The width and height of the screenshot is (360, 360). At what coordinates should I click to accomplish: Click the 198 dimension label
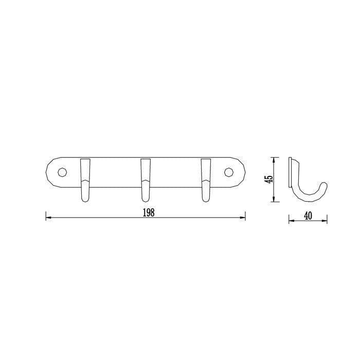pyautogui.click(x=149, y=212)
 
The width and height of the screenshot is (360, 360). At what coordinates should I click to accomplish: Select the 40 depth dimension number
pyautogui.click(x=308, y=216)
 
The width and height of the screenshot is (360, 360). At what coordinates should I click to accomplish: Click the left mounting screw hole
pyautogui.click(x=62, y=172)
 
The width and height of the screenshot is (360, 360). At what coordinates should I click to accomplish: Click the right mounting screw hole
pyautogui.click(x=229, y=172)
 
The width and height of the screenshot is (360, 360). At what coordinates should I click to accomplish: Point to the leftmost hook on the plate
pyautogui.click(x=85, y=180)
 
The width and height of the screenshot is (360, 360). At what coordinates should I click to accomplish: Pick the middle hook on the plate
pyautogui.click(x=146, y=180)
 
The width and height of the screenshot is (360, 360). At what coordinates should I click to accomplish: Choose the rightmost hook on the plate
pyautogui.click(x=206, y=180)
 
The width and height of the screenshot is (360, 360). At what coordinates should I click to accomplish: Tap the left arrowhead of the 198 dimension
pyautogui.click(x=48, y=218)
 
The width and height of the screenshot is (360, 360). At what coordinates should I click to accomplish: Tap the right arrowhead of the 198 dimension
pyautogui.click(x=243, y=218)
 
